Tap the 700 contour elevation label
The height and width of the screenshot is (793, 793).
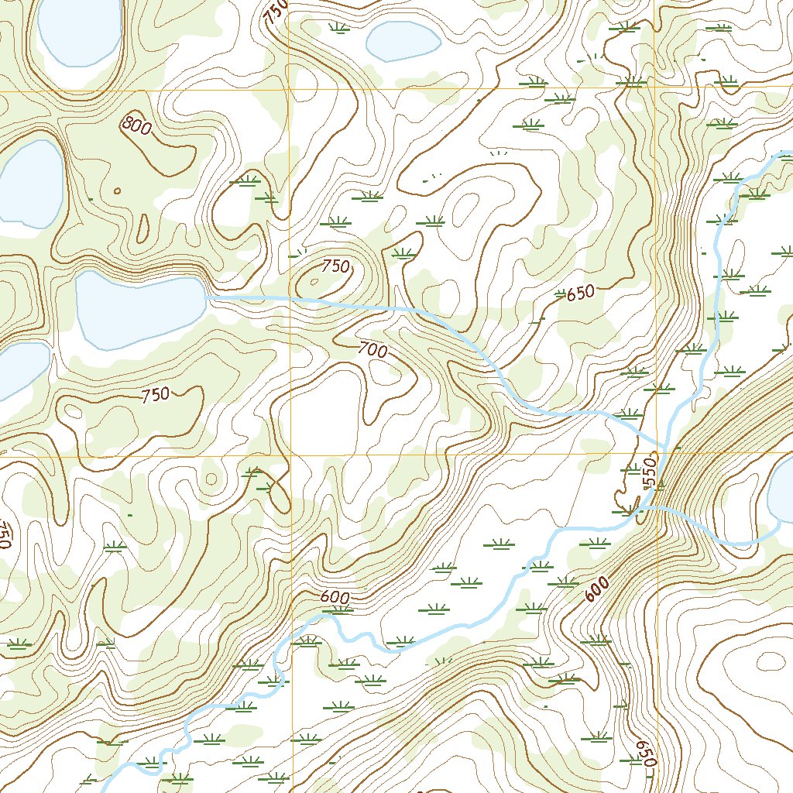pyautogui.click(x=372, y=350)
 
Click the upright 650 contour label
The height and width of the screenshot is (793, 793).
pyautogui.click(x=580, y=293)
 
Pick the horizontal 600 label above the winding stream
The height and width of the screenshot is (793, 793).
pyautogui.click(x=335, y=598)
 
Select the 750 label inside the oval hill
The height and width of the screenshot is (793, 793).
pyautogui.click(x=335, y=267)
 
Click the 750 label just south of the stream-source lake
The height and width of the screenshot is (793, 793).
pyautogui.click(x=156, y=395)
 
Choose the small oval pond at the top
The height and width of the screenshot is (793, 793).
pyautogui.click(x=403, y=40)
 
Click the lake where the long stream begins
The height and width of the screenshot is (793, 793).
pyautogui.click(x=139, y=310)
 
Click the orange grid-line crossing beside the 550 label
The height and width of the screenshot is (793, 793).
pyautogui.click(x=656, y=455)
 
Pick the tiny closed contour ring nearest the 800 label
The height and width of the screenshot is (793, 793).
pyautogui.click(x=117, y=191)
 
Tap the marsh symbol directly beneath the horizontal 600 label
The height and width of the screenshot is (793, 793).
pyautogui.click(x=338, y=610)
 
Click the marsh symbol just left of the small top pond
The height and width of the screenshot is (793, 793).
pyautogui.click(x=338, y=29)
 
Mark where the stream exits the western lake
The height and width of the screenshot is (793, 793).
pyautogui.click(x=207, y=297)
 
